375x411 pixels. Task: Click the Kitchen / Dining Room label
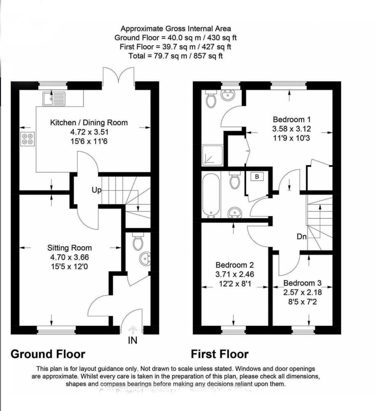pyautogui.click(x=89, y=123)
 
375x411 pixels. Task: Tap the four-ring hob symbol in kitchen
pyautogui.click(x=27, y=139)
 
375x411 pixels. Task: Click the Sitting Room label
pyautogui.click(x=69, y=248)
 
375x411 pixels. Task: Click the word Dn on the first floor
pyautogui.click(x=302, y=236)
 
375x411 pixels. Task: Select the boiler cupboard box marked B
pyautogui.click(x=257, y=177)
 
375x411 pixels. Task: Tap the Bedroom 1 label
pyautogui.click(x=289, y=119)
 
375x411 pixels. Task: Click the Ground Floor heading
pyautogui.click(x=48, y=354)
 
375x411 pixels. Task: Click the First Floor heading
pyautogui.click(x=220, y=354)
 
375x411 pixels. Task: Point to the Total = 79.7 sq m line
pyautogui.click(x=176, y=56)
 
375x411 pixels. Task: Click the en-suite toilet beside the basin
pyautogui.click(x=211, y=99)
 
